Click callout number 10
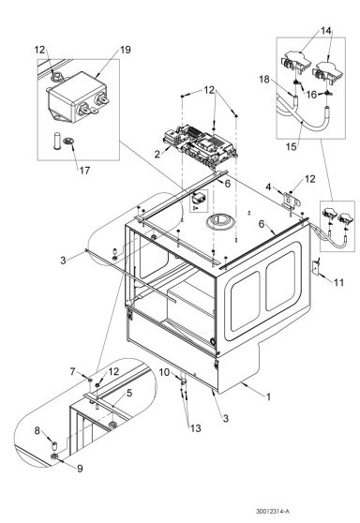[x=164, y=372]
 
